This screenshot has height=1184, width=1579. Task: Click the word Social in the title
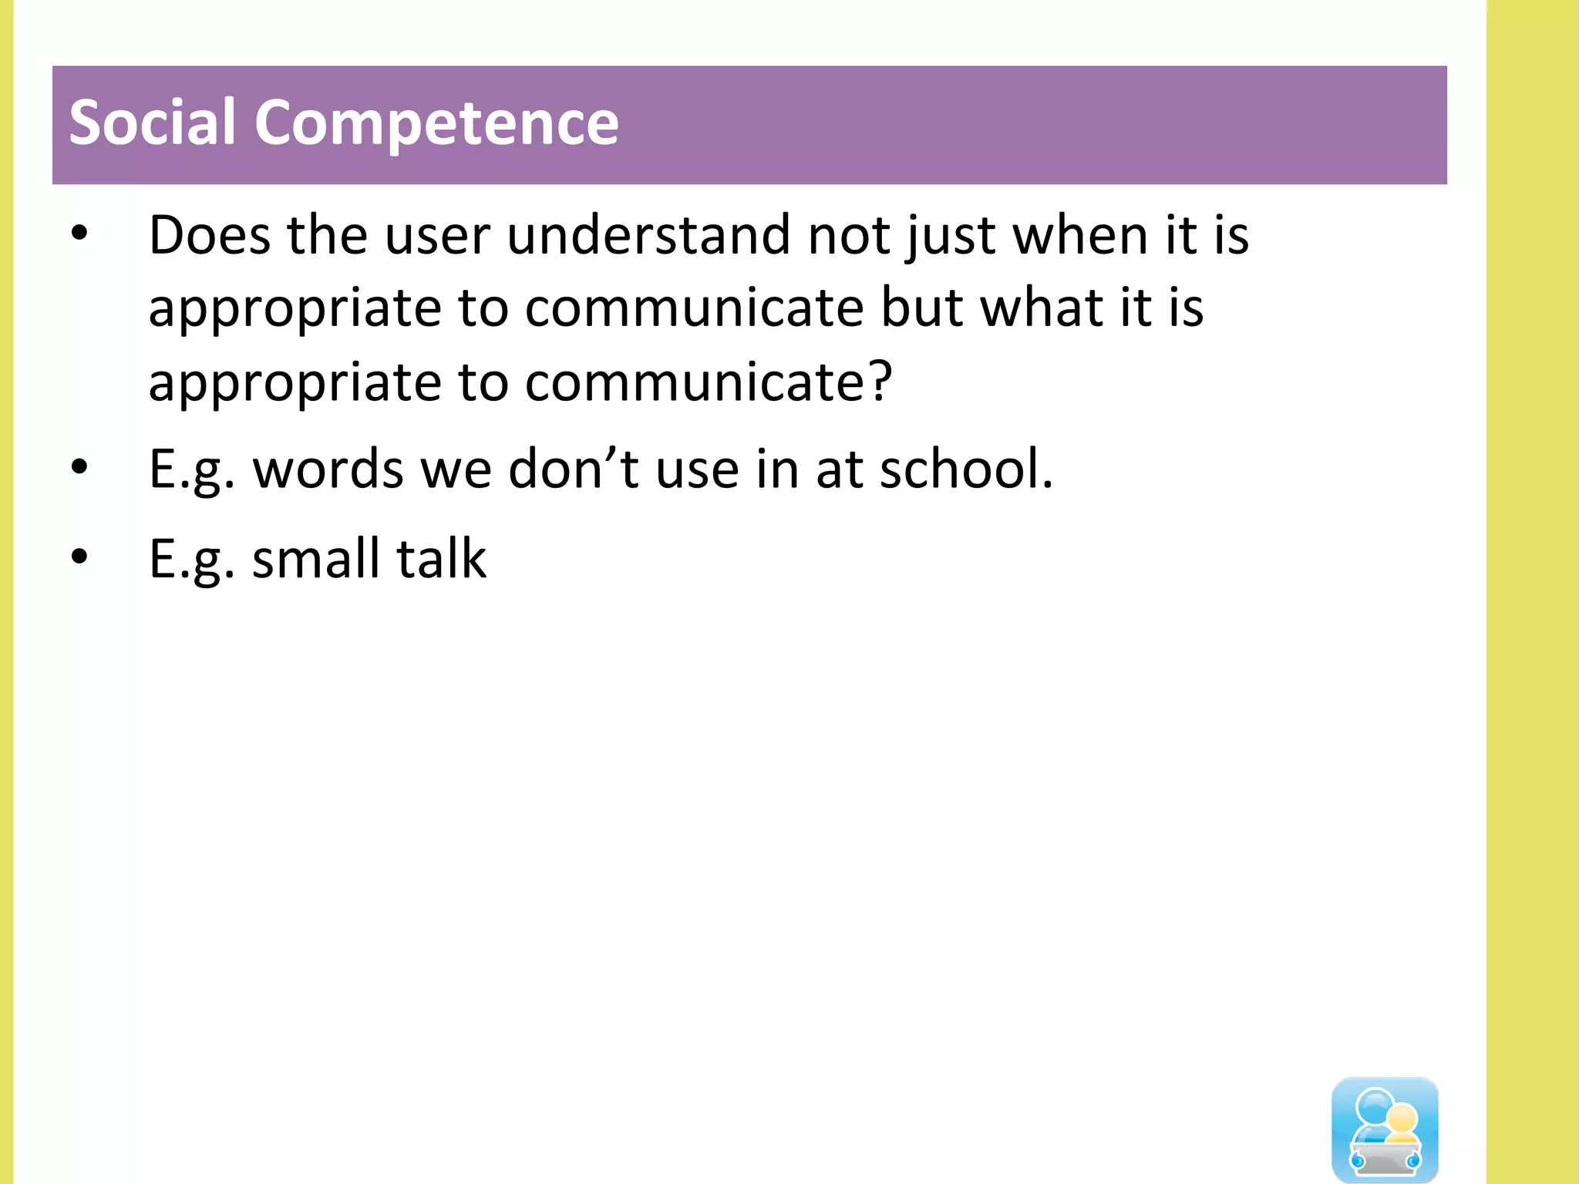(x=152, y=123)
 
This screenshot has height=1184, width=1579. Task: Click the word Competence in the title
(x=436, y=123)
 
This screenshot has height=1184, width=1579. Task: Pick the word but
(x=922, y=308)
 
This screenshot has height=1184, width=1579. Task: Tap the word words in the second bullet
(x=328, y=469)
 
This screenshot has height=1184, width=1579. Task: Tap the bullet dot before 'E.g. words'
(x=79, y=468)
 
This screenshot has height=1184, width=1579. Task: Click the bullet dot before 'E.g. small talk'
(x=79, y=557)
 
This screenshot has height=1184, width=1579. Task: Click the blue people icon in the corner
(x=1385, y=1128)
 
